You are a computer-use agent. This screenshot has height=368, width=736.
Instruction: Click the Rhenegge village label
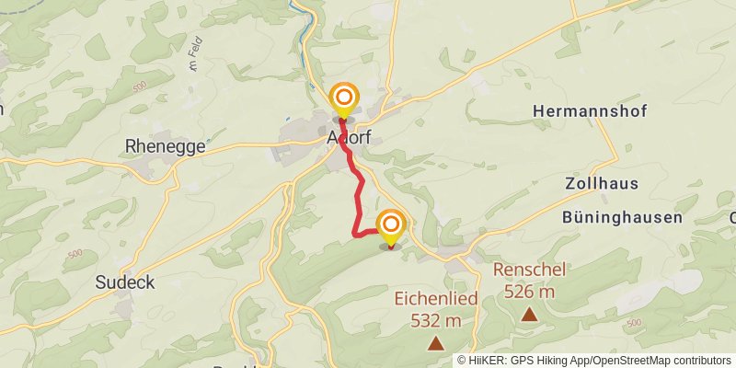(165, 146)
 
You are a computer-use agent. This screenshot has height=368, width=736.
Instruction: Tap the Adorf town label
(349, 136)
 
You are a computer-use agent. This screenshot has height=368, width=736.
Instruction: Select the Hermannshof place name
(590, 111)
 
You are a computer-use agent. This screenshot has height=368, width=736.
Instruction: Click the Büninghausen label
(622, 218)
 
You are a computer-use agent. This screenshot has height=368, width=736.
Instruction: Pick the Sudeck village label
(124, 283)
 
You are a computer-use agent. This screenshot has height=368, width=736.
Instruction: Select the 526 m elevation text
(529, 292)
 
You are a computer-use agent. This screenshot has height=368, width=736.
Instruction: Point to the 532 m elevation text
(434, 320)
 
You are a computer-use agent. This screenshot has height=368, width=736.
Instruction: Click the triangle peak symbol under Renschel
(530, 315)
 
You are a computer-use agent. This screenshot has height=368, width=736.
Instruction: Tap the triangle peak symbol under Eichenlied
(435, 344)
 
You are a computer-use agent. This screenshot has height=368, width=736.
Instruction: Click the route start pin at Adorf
(344, 98)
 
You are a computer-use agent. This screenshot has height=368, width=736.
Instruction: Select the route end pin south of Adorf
(391, 225)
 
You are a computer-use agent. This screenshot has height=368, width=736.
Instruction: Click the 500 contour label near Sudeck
(75, 254)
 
